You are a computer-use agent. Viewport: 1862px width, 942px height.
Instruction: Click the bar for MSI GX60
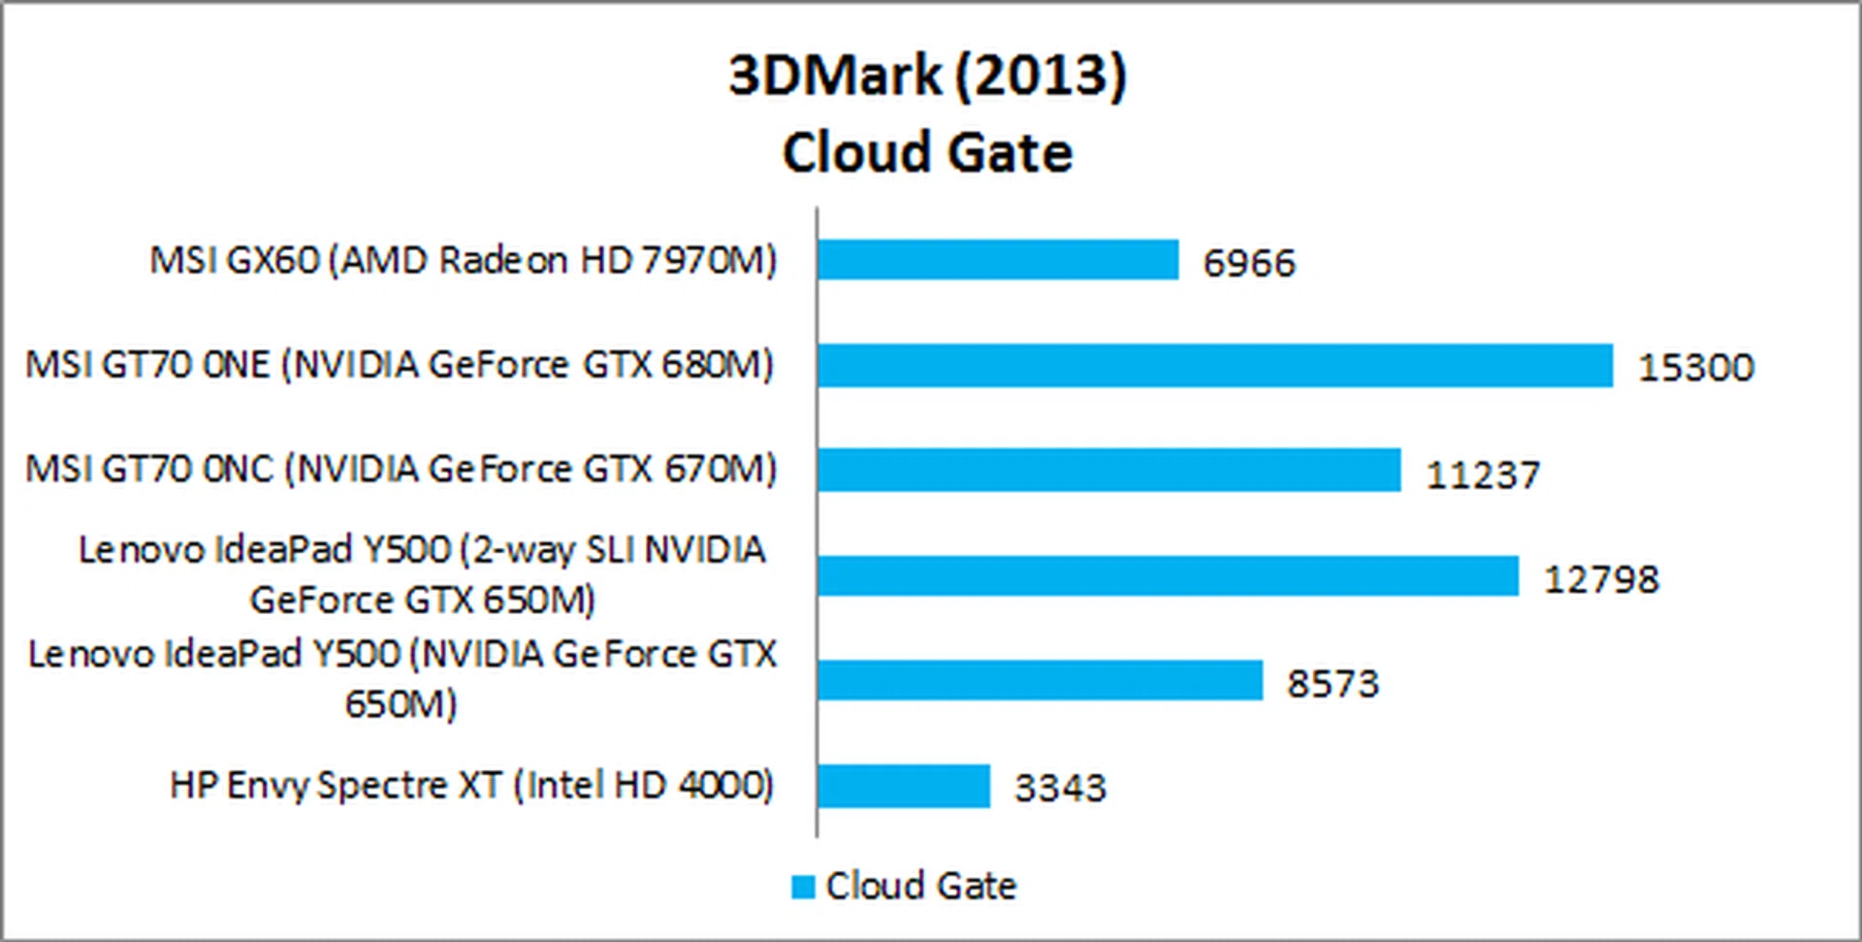click(x=997, y=260)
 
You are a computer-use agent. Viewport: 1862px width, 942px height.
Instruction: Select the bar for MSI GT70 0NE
click(x=1214, y=366)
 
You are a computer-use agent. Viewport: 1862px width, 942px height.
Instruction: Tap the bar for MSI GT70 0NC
click(x=1108, y=470)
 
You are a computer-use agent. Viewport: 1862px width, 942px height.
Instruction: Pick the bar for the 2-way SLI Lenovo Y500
click(x=1168, y=576)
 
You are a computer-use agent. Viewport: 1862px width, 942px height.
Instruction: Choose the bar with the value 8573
click(x=1040, y=680)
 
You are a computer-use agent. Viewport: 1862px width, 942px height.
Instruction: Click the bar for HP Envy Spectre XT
click(x=904, y=786)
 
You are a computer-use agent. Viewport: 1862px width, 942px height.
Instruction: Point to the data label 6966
click(x=1249, y=263)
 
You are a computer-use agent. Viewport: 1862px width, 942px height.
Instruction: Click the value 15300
click(x=1696, y=368)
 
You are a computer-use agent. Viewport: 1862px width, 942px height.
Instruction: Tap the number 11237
click(x=1483, y=474)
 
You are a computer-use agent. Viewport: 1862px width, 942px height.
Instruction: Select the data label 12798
click(x=1601, y=579)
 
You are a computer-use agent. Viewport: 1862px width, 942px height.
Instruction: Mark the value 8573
click(x=1332, y=684)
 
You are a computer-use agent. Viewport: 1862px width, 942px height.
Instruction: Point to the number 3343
click(x=1060, y=788)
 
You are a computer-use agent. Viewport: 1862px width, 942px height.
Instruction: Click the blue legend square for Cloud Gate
click(x=803, y=887)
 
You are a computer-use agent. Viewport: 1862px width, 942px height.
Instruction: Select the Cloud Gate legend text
click(x=921, y=886)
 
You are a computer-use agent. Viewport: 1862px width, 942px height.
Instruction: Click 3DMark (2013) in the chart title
click(x=928, y=76)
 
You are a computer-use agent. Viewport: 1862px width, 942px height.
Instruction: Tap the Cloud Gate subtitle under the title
click(x=928, y=153)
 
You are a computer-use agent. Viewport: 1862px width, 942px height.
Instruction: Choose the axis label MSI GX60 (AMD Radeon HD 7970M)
click(x=464, y=260)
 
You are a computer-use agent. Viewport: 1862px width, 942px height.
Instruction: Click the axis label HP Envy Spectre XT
click(x=472, y=785)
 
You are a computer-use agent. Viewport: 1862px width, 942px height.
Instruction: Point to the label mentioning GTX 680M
click(x=400, y=365)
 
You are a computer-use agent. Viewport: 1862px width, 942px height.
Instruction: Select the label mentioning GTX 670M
click(x=401, y=470)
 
